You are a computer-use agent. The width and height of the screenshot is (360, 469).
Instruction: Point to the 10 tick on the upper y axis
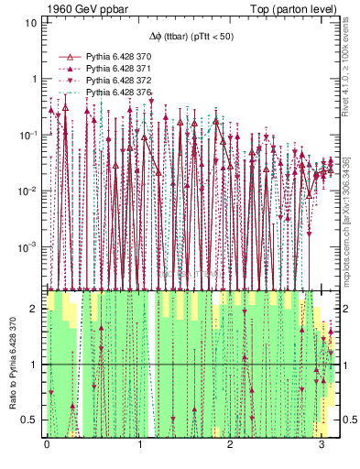point(30,22)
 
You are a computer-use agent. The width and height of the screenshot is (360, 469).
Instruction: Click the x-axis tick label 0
point(47,443)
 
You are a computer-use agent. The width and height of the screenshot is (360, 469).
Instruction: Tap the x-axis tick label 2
point(231,443)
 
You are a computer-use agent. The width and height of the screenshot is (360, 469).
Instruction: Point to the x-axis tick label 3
point(322,443)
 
